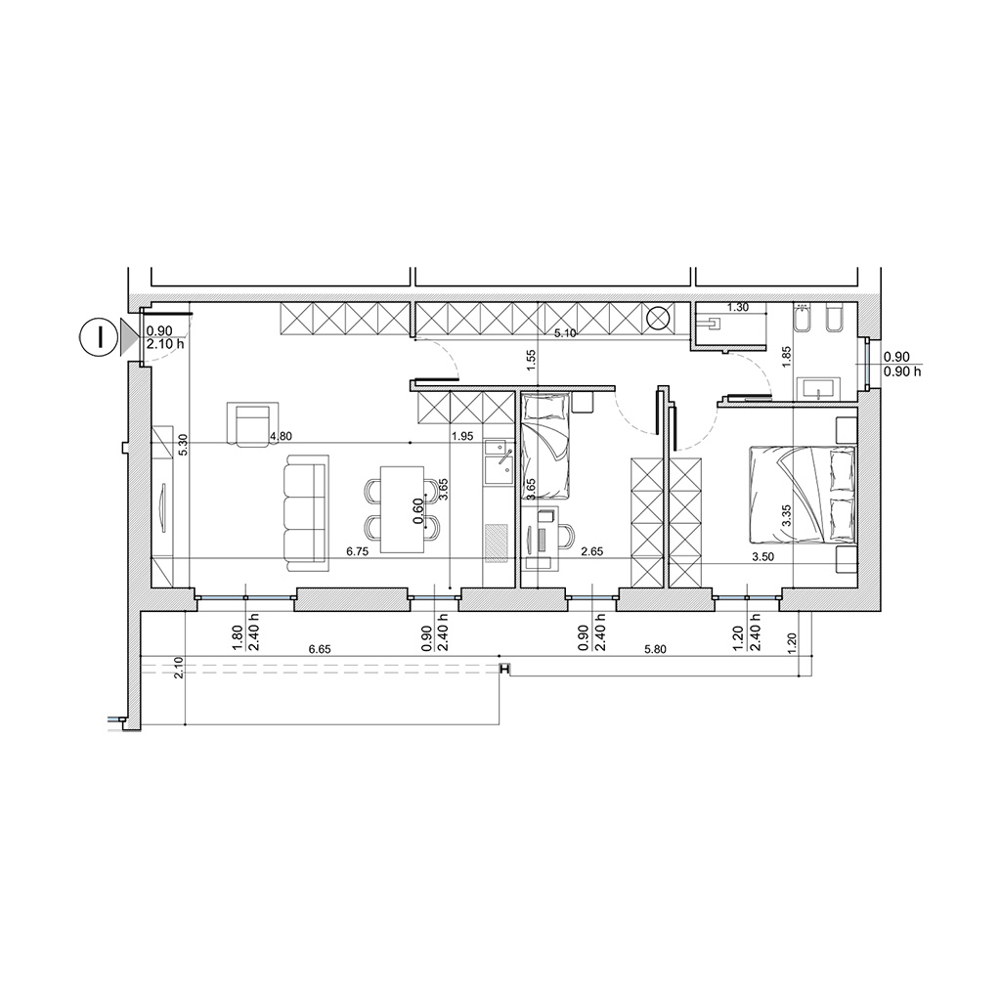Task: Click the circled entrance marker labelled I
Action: click(100, 336)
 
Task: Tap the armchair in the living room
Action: click(253, 424)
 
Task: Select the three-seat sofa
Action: click(306, 513)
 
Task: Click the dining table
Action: click(402, 508)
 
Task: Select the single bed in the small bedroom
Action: click(544, 446)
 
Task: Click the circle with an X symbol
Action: click(659, 318)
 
